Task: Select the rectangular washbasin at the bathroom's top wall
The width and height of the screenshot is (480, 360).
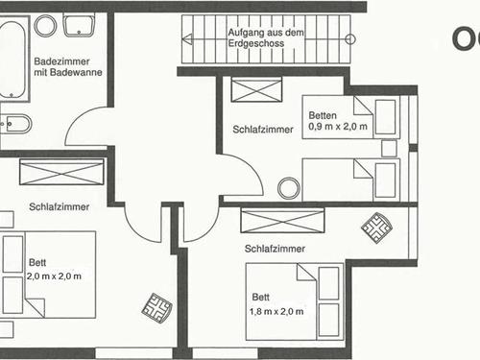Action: (x=76, y=26)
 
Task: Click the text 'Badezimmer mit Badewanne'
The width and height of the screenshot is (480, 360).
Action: (x=62, y=67)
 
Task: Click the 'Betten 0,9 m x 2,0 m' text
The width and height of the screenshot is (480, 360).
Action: (x=337, y=120)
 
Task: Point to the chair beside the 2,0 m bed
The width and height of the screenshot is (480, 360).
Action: (x=154, y=308)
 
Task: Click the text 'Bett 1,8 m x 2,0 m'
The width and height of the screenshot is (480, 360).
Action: (x=278, y=304)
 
